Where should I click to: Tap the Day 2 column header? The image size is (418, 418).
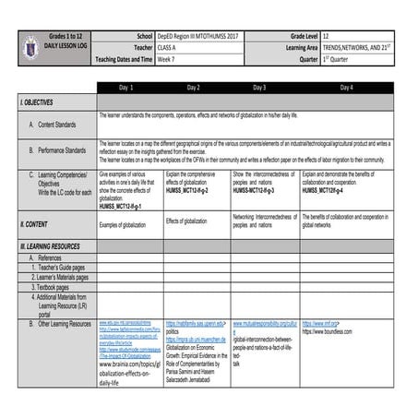click(193, 87)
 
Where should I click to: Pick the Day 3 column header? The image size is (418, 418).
click(259, 87)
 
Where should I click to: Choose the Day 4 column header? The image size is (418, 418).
click(345, 87)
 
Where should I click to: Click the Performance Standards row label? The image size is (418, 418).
click(63, 149)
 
